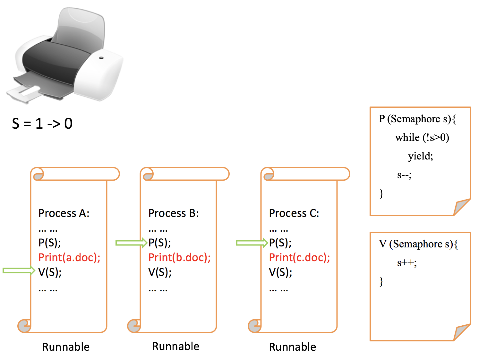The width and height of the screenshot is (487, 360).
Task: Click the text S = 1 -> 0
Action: point(42,124)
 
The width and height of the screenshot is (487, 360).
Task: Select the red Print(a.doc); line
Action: point(69,257)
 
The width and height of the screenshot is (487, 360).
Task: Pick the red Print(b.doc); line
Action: point(179,257)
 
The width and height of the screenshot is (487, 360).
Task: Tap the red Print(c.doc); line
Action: point(299,257)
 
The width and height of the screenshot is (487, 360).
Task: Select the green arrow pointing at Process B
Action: point(131,243)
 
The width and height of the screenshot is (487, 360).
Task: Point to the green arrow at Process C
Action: point(252,243)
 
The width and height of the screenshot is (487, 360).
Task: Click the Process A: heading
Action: point(64,213)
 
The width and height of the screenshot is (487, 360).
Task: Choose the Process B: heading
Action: point(174,213)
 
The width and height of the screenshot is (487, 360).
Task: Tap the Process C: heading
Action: point(294,213)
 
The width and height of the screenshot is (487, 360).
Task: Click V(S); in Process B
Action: point(160,272)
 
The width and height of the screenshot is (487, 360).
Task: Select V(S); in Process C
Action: point(280,272)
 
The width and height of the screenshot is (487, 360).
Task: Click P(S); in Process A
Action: point(49,243)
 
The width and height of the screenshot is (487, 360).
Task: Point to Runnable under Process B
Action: point(175,346)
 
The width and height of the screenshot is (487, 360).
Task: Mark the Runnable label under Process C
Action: point(292,347)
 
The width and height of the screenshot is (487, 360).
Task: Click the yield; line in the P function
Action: point(420,156)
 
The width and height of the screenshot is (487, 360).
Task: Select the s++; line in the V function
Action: point(407,263)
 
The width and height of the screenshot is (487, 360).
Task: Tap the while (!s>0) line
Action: point(422,138)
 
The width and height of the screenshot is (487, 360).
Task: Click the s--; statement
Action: point(404,175)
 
